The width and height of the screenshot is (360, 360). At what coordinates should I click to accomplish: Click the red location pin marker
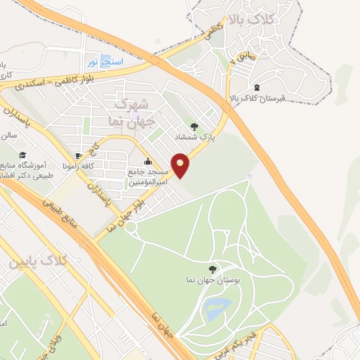(181, 165)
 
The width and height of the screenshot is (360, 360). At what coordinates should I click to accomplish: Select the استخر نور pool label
(109, 63)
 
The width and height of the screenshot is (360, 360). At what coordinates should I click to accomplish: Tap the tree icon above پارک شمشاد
(194, 127)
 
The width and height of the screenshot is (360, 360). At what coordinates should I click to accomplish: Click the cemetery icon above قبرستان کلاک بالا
(255, 87)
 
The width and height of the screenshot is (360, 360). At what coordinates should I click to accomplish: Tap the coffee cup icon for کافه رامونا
(77, 155)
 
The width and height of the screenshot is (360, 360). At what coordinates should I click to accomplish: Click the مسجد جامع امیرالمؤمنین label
(147, 176)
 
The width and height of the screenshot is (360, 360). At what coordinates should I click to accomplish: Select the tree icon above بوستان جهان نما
(213, 269)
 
